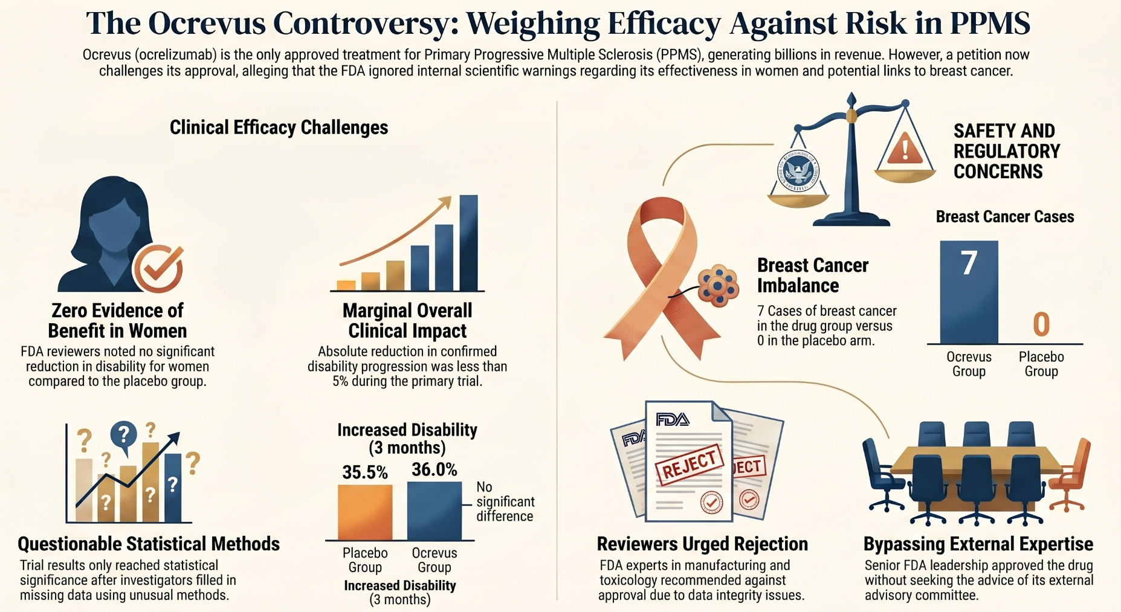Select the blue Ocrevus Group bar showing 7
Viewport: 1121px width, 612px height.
click(969, 293)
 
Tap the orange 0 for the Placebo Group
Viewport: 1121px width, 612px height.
click(1041, 324)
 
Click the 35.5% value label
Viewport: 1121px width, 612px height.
click(365, 472)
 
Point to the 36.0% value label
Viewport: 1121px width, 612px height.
click(434, 469)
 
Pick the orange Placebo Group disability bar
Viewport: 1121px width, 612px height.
click(365, 512)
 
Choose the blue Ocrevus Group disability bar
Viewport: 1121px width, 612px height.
click(435, 511)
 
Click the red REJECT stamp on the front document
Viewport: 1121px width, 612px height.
click(689, 464)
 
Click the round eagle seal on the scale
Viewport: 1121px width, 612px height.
click(799, 170)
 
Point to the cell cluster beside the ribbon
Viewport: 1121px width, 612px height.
click(718, 285)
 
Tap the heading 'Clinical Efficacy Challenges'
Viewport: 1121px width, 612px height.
click(279, 127)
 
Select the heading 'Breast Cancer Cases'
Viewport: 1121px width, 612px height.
click(1004, 217)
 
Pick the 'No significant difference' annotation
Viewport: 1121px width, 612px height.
click(505, 501)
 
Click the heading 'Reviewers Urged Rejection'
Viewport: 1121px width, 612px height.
click(702, 544)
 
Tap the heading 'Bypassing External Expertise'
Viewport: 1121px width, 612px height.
click(978, 544)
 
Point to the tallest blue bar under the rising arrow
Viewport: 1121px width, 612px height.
click(468, 243)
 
